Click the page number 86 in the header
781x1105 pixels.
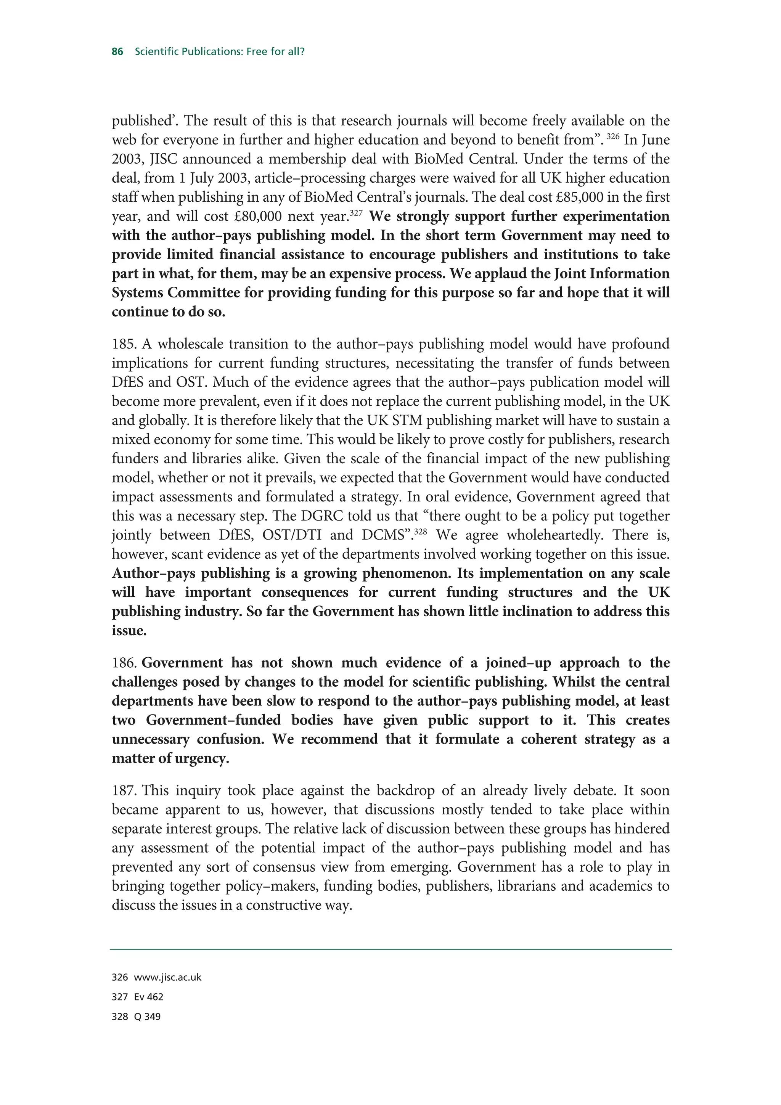click(117, 51)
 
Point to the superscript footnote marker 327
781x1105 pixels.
click(356, 213)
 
